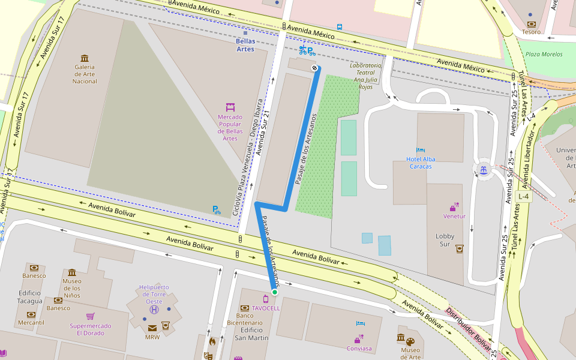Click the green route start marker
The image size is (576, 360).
click(274, 292)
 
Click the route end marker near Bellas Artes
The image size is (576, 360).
click(314, 68)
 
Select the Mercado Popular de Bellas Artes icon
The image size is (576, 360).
click(230, 107)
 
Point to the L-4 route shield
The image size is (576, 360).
click(523, 196)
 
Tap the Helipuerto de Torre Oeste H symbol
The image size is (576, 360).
click(154, 310)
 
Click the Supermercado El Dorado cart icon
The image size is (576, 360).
click(90, 316)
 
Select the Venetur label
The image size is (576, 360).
click(454, 216)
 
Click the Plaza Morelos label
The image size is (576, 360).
click(544, 54)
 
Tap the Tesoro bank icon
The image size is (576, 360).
click(531, 23)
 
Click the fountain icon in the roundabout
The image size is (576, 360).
click(482, 170)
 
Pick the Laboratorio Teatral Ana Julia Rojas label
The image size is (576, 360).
click(365, 76)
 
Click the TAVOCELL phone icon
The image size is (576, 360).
click(266, 299)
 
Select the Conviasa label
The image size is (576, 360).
click(359, 348)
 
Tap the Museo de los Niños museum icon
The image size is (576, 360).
click(72, 272)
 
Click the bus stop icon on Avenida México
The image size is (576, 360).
click(340, 27)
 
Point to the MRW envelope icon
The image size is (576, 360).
click(152, 328)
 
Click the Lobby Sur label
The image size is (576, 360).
click(445, 240)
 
